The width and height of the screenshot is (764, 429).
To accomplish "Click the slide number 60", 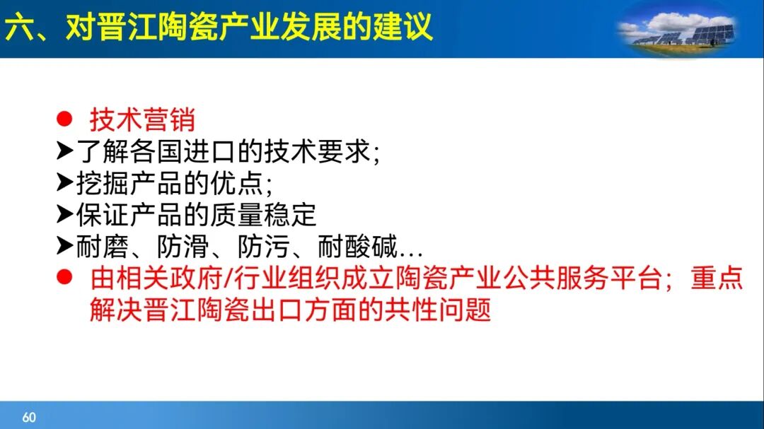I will click(29, 417).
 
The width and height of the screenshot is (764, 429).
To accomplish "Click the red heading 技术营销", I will click(142, 120).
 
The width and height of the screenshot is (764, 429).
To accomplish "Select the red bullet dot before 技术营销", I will click(64, 119).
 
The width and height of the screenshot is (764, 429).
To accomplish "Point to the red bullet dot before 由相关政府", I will click(64, 278).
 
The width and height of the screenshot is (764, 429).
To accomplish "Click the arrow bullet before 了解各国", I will click(65, 152).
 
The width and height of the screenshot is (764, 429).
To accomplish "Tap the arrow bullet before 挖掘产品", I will click(65, 184).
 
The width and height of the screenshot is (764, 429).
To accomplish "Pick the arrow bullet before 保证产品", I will click(65, 215).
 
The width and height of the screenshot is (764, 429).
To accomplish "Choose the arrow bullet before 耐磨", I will click(65, 247).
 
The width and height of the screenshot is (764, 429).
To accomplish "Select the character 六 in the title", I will click(18, 28).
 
